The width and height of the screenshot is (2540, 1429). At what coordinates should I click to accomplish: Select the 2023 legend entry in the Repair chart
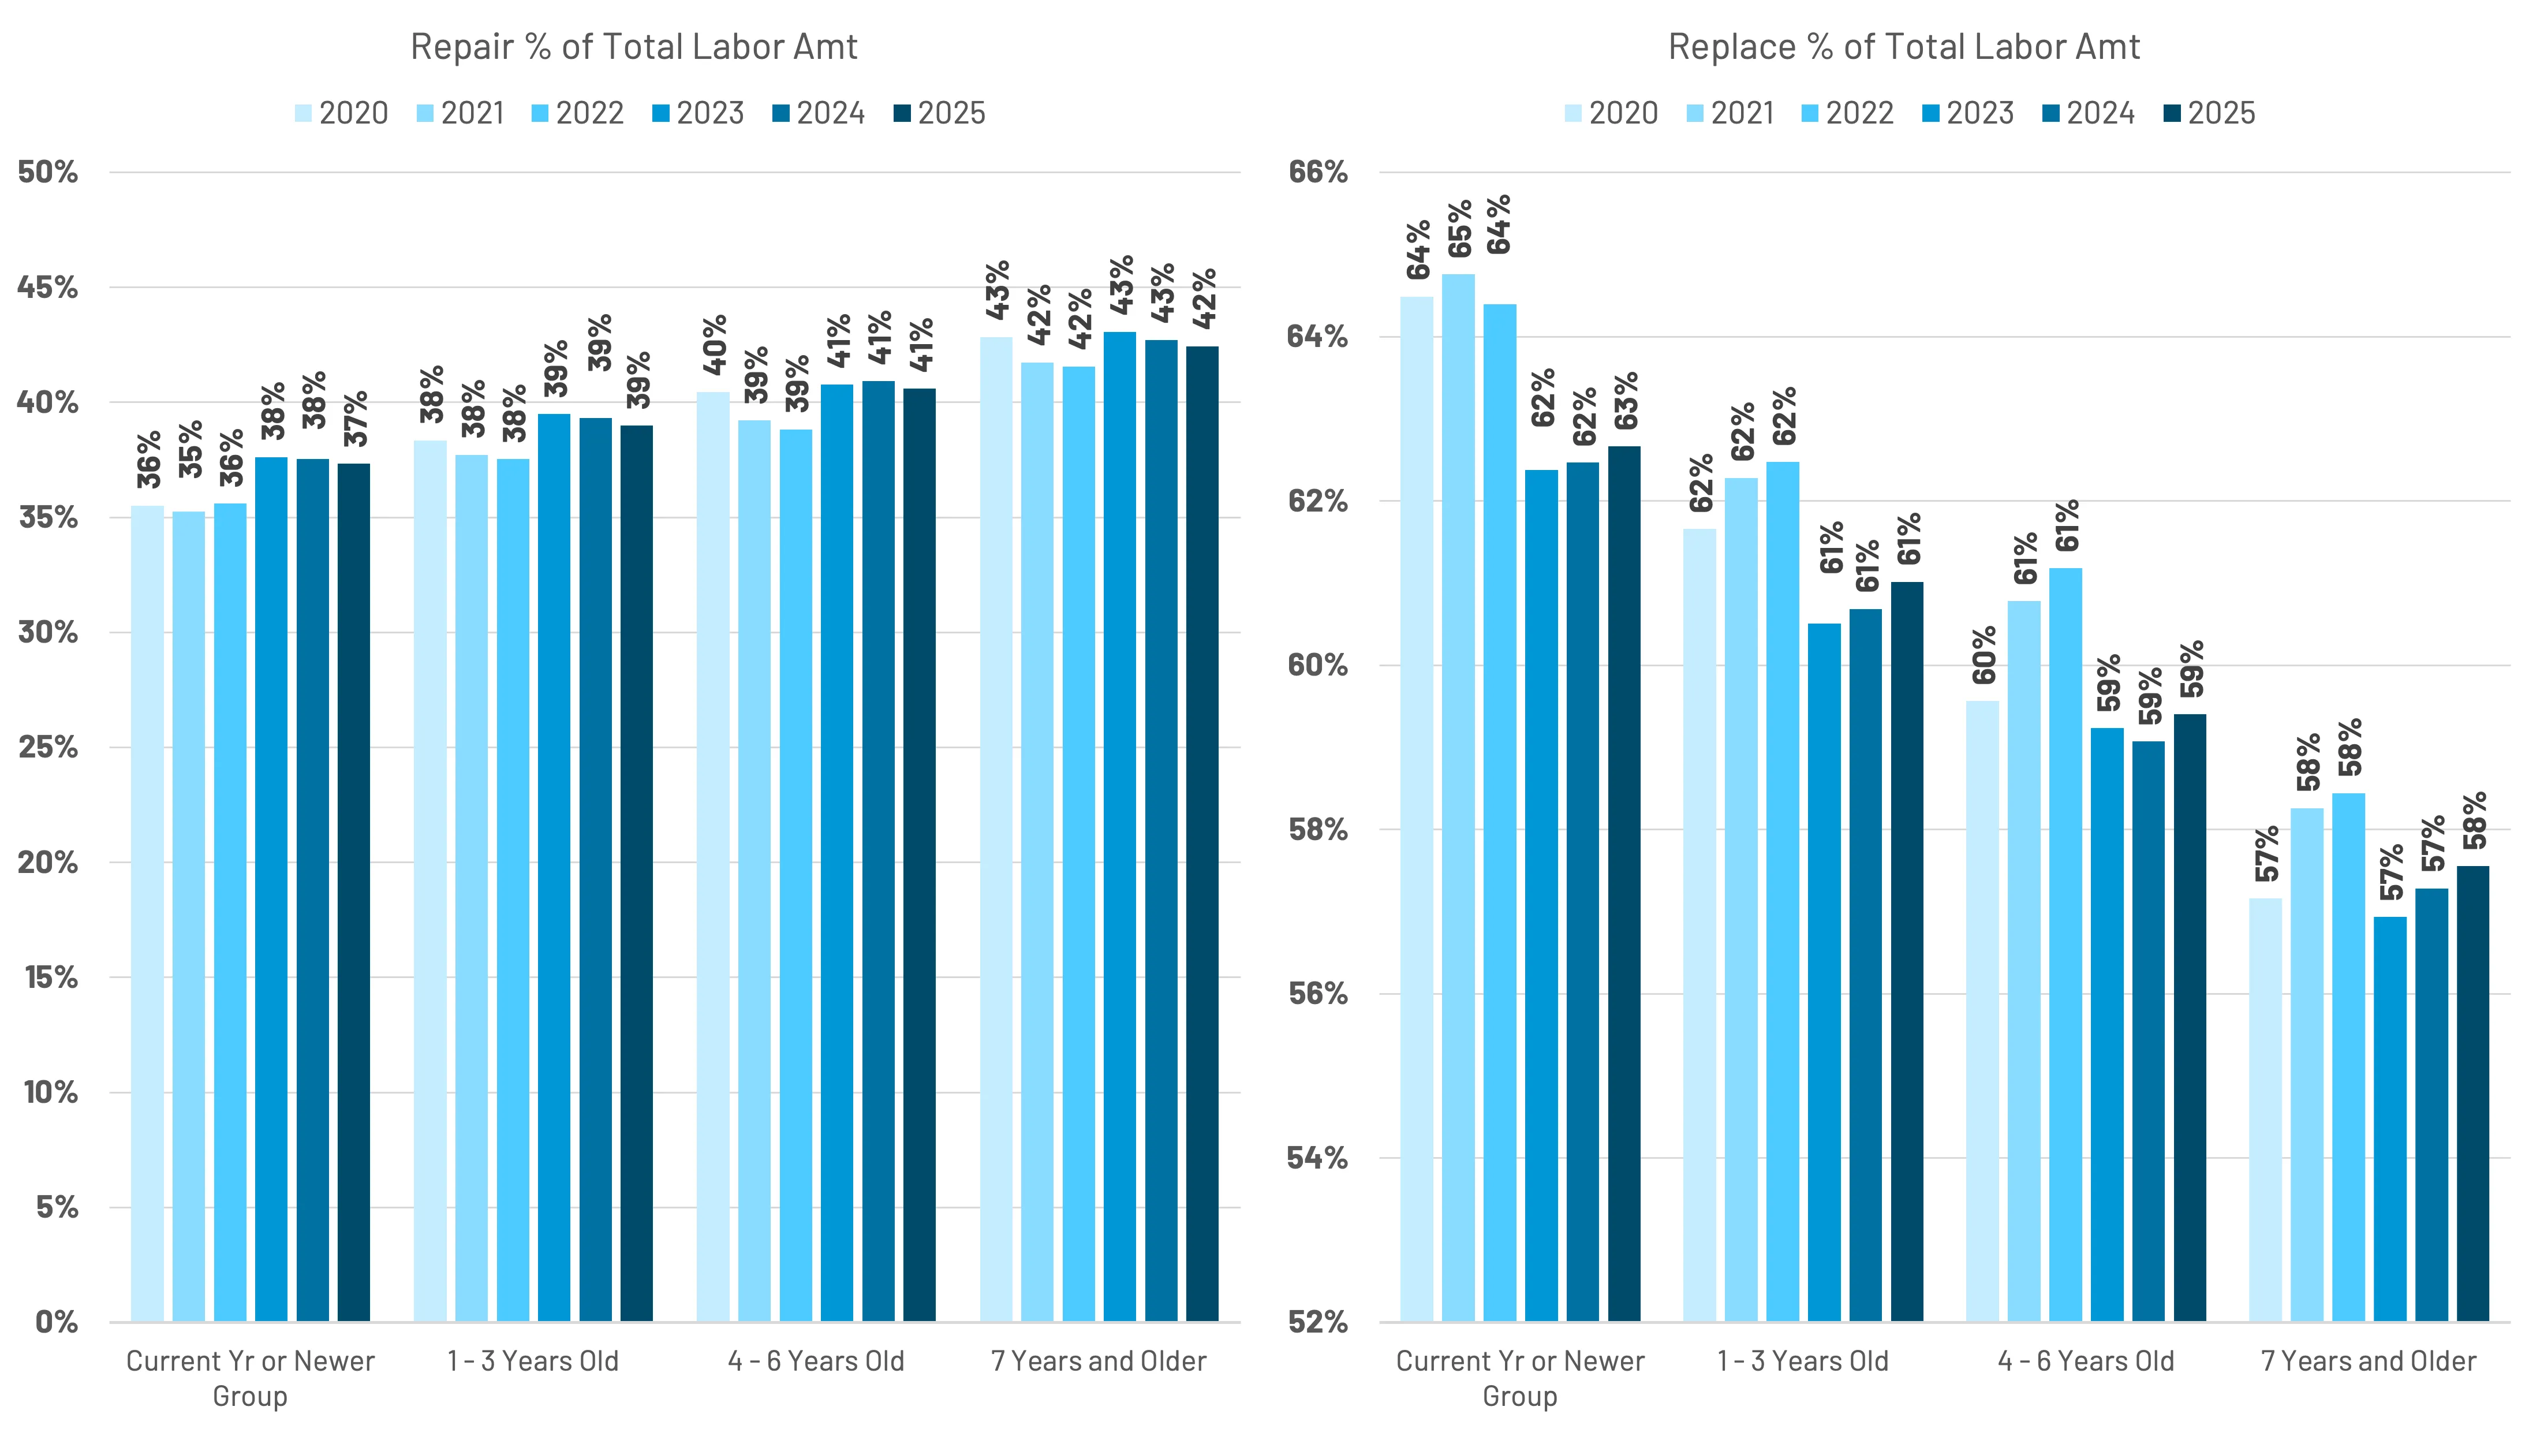point(698,113)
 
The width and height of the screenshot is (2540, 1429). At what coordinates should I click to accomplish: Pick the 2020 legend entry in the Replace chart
point(1611,113)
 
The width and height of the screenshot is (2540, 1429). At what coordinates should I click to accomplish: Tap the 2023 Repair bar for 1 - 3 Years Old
point(554,868)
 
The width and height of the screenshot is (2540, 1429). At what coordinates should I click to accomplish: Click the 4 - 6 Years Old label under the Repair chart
point(816,1362)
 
